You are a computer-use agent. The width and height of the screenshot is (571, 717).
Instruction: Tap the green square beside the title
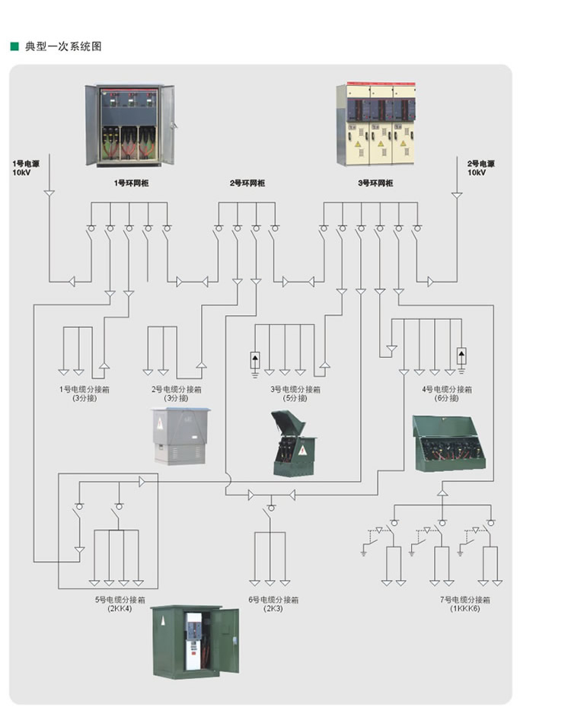point(14,46)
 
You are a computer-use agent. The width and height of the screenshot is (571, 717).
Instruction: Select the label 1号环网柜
point(131,183)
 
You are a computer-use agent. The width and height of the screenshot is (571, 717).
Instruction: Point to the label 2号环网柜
point(247,183)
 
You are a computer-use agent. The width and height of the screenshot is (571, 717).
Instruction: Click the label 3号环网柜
point(375,183)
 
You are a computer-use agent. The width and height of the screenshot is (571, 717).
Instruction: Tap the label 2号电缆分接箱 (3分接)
point(174,394)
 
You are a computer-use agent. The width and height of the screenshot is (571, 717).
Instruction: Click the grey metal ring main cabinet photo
point(129,125)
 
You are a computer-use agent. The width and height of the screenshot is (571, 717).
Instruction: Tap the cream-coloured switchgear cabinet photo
point(377,125)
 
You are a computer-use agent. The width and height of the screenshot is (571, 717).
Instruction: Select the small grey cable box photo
point(180,435)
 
